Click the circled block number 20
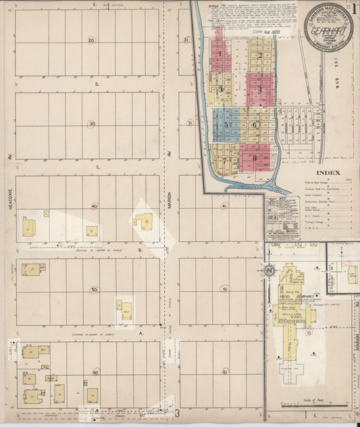click(x=92, y=40)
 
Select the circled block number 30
click(x=92, y=123)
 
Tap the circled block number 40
click(x=95, y=206)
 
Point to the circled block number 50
click(x=94, y=289)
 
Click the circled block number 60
click(x=95, y=372)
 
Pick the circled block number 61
click(x=225, y=372)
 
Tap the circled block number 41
click(x=224, y=205)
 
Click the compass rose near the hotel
click(x=269, y=271)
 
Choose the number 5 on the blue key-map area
click(x=226, y=125)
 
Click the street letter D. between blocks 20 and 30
click(x=97, y=85)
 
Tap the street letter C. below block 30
click(x=99, y=166)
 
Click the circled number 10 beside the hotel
click(x=309, y=332)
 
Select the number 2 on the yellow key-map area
click(x=259, y=55)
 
